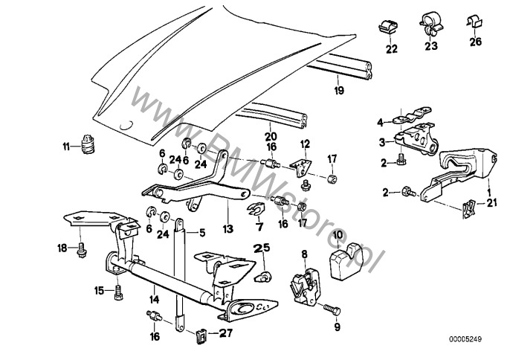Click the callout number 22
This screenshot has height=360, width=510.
[391, 50]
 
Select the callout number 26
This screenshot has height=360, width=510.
[476, 50]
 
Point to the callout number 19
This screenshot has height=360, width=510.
[338, 91]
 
